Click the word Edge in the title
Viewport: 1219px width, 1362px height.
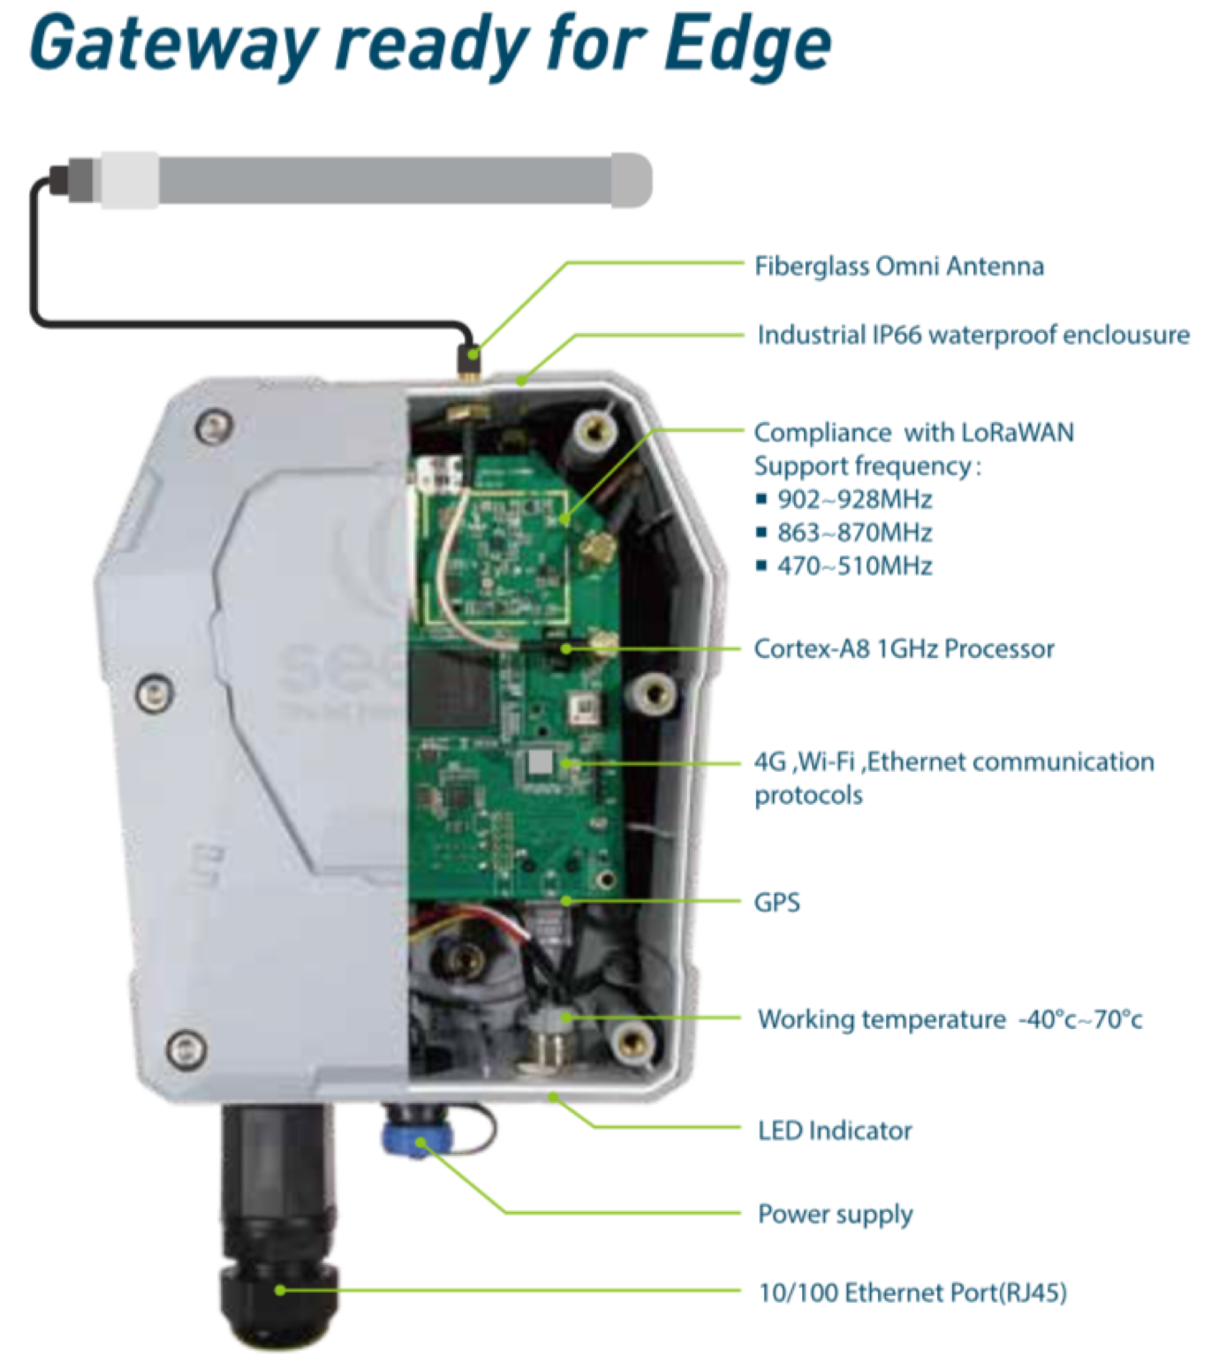click(x=747, y=44)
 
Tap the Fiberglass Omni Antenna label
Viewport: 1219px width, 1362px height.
click(x=898, y=266)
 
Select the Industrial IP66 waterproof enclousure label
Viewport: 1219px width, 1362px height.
click(x=973, y=335)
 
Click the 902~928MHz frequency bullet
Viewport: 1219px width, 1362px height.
click(x=853, y=499)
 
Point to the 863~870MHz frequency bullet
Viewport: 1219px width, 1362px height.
click(x=853, y=533)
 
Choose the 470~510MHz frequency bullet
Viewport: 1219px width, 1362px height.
click(x=853, y=565)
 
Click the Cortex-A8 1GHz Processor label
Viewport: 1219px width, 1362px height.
click(x=904, y=648)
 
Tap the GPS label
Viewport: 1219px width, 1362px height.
click(x=776, y=902)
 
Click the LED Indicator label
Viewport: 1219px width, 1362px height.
click(x=835, y=1131)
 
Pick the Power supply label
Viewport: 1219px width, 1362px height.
click(x=835, y=1214)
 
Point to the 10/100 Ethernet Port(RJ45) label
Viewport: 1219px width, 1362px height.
click(x=912, y=1293)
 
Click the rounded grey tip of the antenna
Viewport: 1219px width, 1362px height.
click(x=631, y=180)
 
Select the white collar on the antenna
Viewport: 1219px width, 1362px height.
click(x=130, y=180)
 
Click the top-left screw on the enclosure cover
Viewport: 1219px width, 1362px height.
click(x=213, y=428)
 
